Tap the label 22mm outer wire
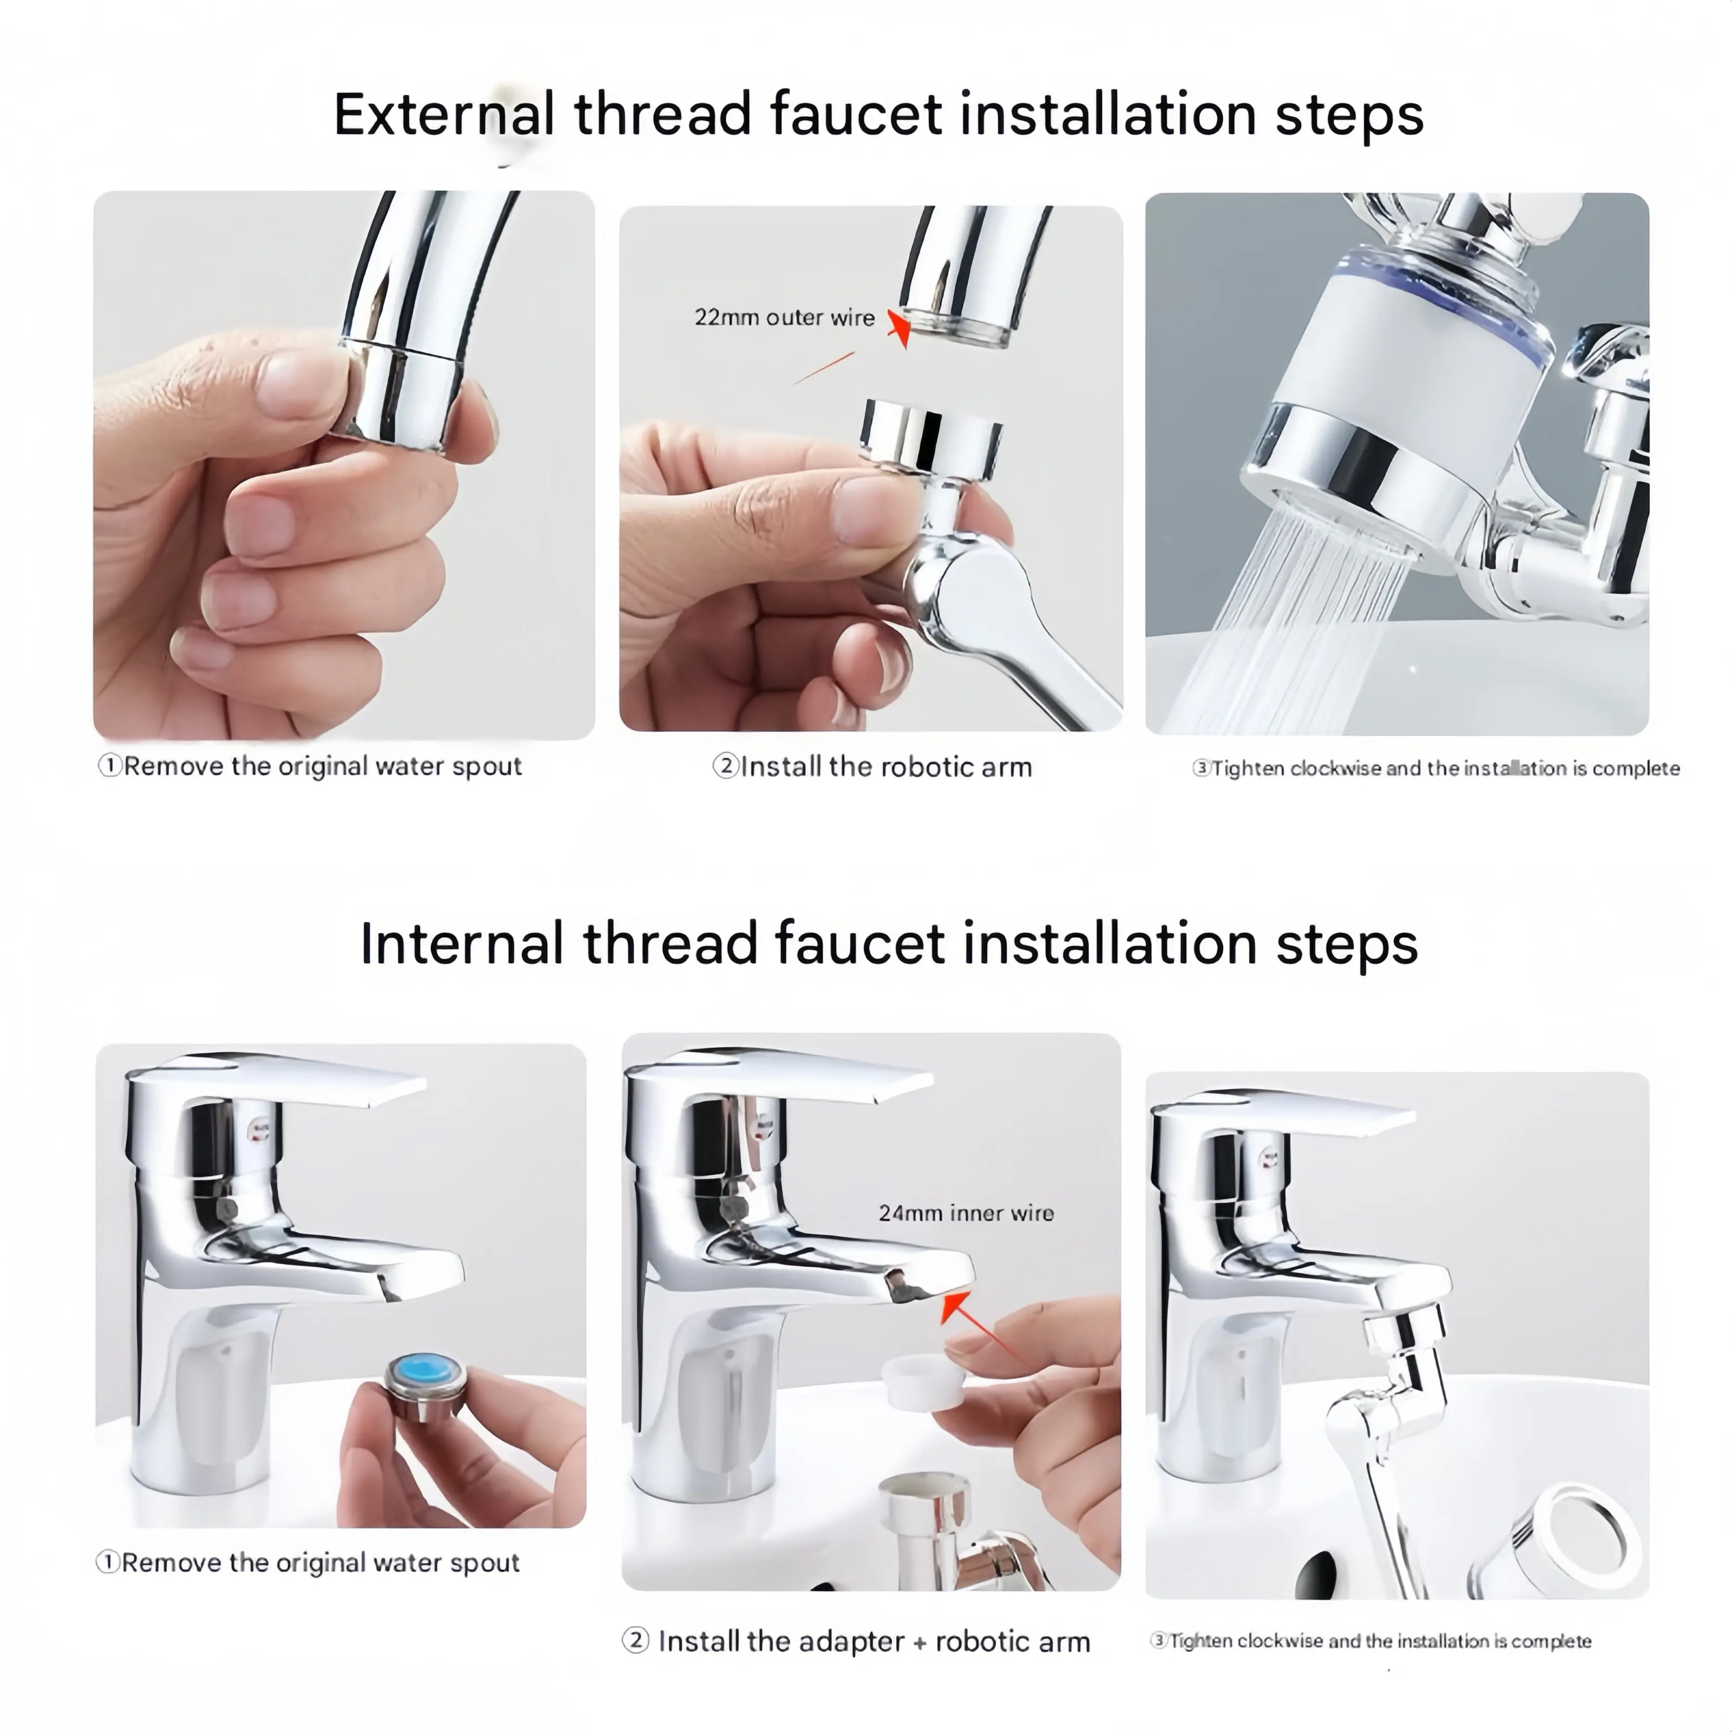click(784, 317)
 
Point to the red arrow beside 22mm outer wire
click(898, 328)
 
